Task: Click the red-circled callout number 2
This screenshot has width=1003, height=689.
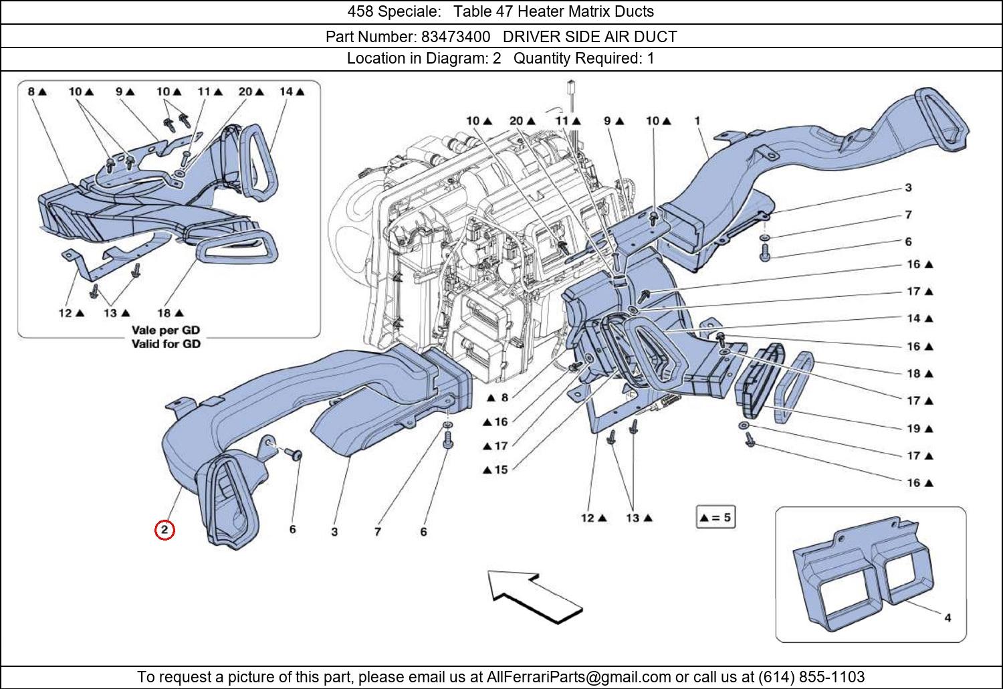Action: tap(164, 530)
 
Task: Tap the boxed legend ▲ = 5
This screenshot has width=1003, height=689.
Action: tap(715, 517)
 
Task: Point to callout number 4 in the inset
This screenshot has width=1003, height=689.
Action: tap(948, 617)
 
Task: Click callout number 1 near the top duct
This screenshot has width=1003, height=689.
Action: tap(697, 121)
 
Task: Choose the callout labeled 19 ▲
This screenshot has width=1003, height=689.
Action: tap(919, 428)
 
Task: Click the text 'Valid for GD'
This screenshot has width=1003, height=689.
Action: tap(166, 344)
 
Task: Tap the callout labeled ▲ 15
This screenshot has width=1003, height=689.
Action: tap(495, 470)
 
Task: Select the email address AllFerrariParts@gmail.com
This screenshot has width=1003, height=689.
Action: tap(578, 677)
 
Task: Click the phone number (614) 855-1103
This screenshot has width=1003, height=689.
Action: tap(811, 677)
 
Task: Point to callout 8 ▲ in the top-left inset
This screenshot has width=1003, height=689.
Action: tap(37, 92)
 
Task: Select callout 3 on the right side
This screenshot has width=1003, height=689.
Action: tap(908, 188)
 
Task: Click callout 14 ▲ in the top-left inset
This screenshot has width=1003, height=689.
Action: tap(292, 92)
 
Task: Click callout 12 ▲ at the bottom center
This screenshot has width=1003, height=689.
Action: tap(593, 518)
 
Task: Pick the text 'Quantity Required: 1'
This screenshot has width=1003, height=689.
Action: tap(584, 58)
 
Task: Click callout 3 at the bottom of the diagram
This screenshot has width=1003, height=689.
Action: tap(334, 532)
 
